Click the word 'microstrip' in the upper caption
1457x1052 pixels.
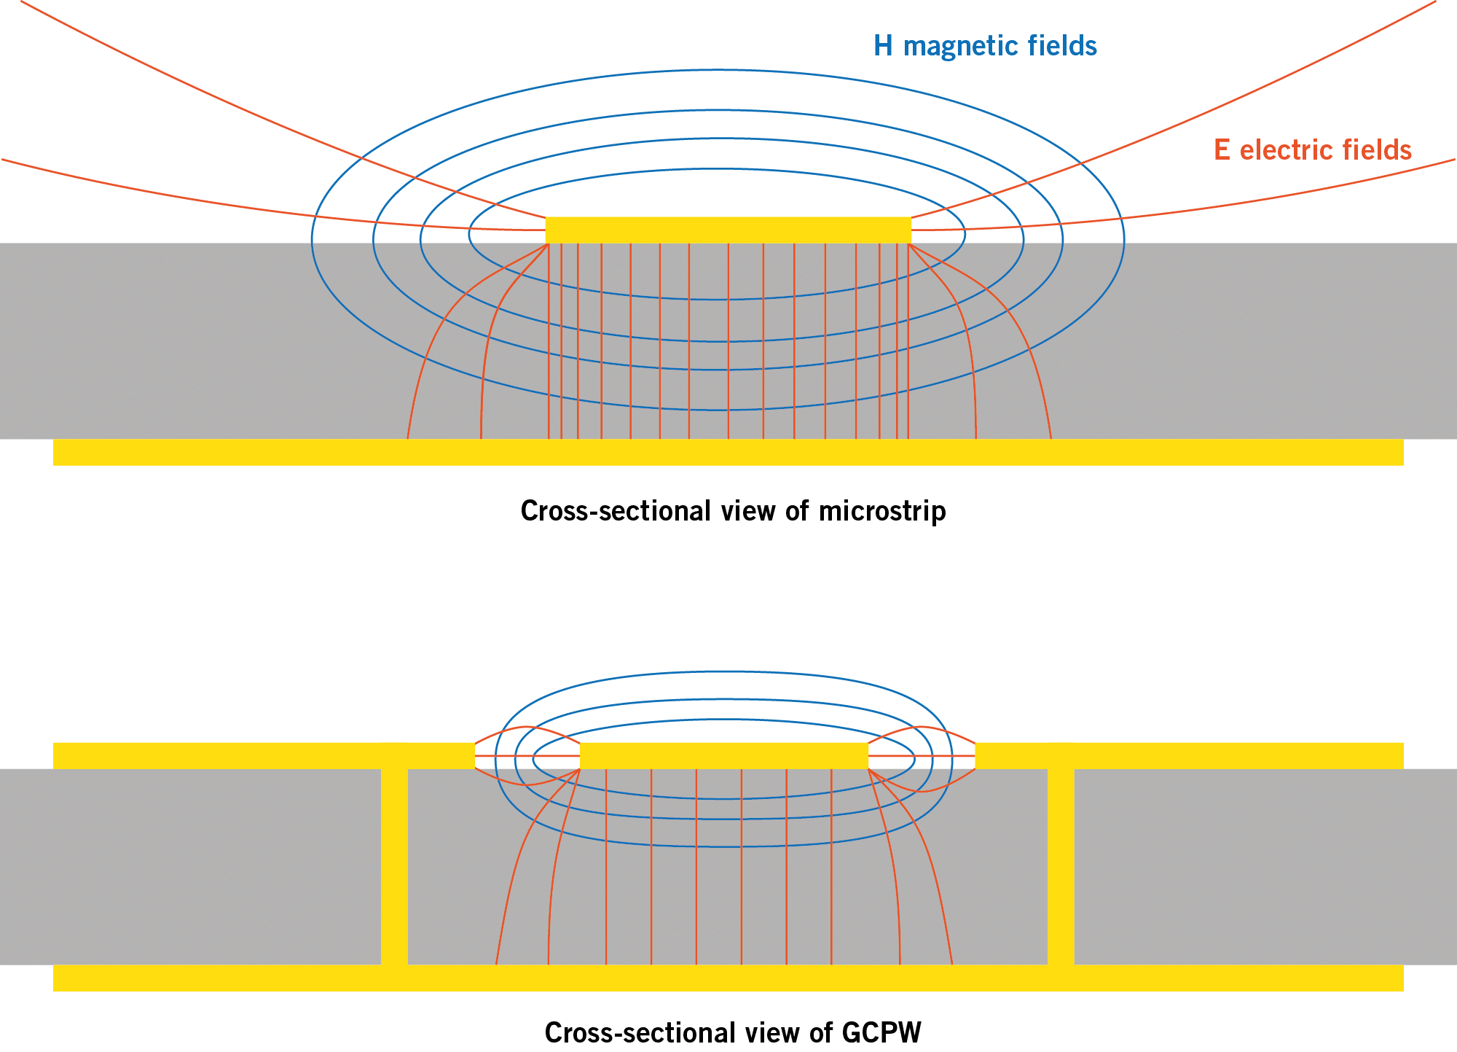tap(882, 511)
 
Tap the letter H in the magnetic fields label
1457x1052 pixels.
tap(883, 46)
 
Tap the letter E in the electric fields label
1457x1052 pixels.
tap(1222, 150)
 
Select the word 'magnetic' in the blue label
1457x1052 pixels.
tap(959, 46)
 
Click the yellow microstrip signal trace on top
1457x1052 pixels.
tap(728, 230)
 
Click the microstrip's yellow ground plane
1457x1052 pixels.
tap(728, 452)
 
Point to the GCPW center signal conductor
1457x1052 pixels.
tap(724, 755)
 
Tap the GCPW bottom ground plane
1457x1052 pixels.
tap(728, 978)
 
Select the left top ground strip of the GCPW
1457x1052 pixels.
tap(262, 755)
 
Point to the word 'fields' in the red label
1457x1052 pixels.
tap(1378, 150)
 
